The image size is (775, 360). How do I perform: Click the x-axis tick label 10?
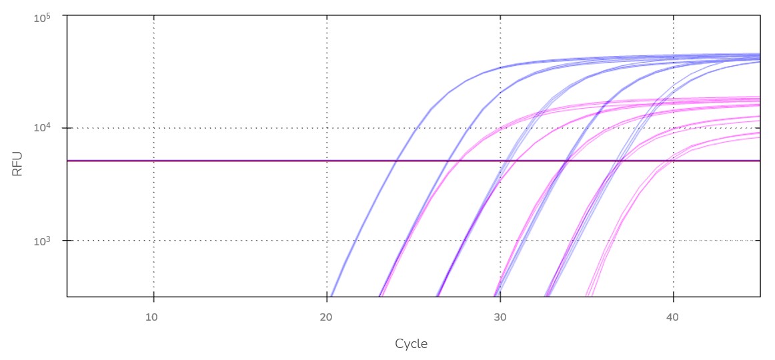coord(152,317)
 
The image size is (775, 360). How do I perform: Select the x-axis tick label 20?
coord(326,317)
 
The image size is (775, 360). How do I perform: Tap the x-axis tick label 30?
coord(500,317)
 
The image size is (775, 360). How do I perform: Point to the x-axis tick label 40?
coord(672,317)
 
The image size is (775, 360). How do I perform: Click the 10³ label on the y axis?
coord(43,241)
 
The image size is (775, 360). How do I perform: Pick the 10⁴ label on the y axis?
coord(43,128)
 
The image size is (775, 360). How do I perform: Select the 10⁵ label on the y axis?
coord(43,17)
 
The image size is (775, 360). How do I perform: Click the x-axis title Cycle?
coord(411,344)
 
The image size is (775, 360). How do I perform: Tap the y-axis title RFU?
coord(17,163)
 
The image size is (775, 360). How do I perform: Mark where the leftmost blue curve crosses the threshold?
coord(396,161)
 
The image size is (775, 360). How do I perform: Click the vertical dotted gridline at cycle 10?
coord(153,80)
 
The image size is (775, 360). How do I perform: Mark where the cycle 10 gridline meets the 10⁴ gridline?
coord(153,127)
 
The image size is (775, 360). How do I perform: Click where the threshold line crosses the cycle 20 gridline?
coord(327,161)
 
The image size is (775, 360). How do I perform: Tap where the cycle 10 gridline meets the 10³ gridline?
coord(153,240)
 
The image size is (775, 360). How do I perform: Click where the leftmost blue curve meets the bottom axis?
coord(331,296)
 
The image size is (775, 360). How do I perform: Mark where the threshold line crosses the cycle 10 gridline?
coord(153,161)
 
